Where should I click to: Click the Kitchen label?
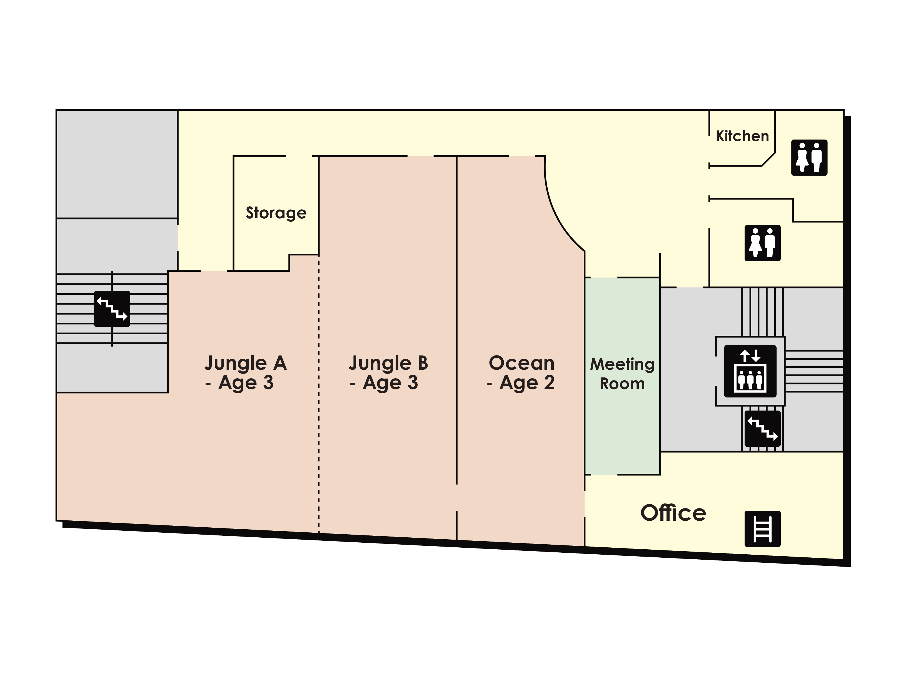point(742,136)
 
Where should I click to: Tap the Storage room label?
point(276,213)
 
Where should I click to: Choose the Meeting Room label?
point(622,374)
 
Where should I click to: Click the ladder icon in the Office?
point(762,529)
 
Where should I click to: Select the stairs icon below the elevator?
point(762,429)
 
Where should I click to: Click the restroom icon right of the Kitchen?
point(809,158)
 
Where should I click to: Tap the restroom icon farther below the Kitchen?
point(762,243)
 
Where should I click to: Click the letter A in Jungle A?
point(280,363)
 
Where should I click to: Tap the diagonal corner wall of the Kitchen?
point(768,159)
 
